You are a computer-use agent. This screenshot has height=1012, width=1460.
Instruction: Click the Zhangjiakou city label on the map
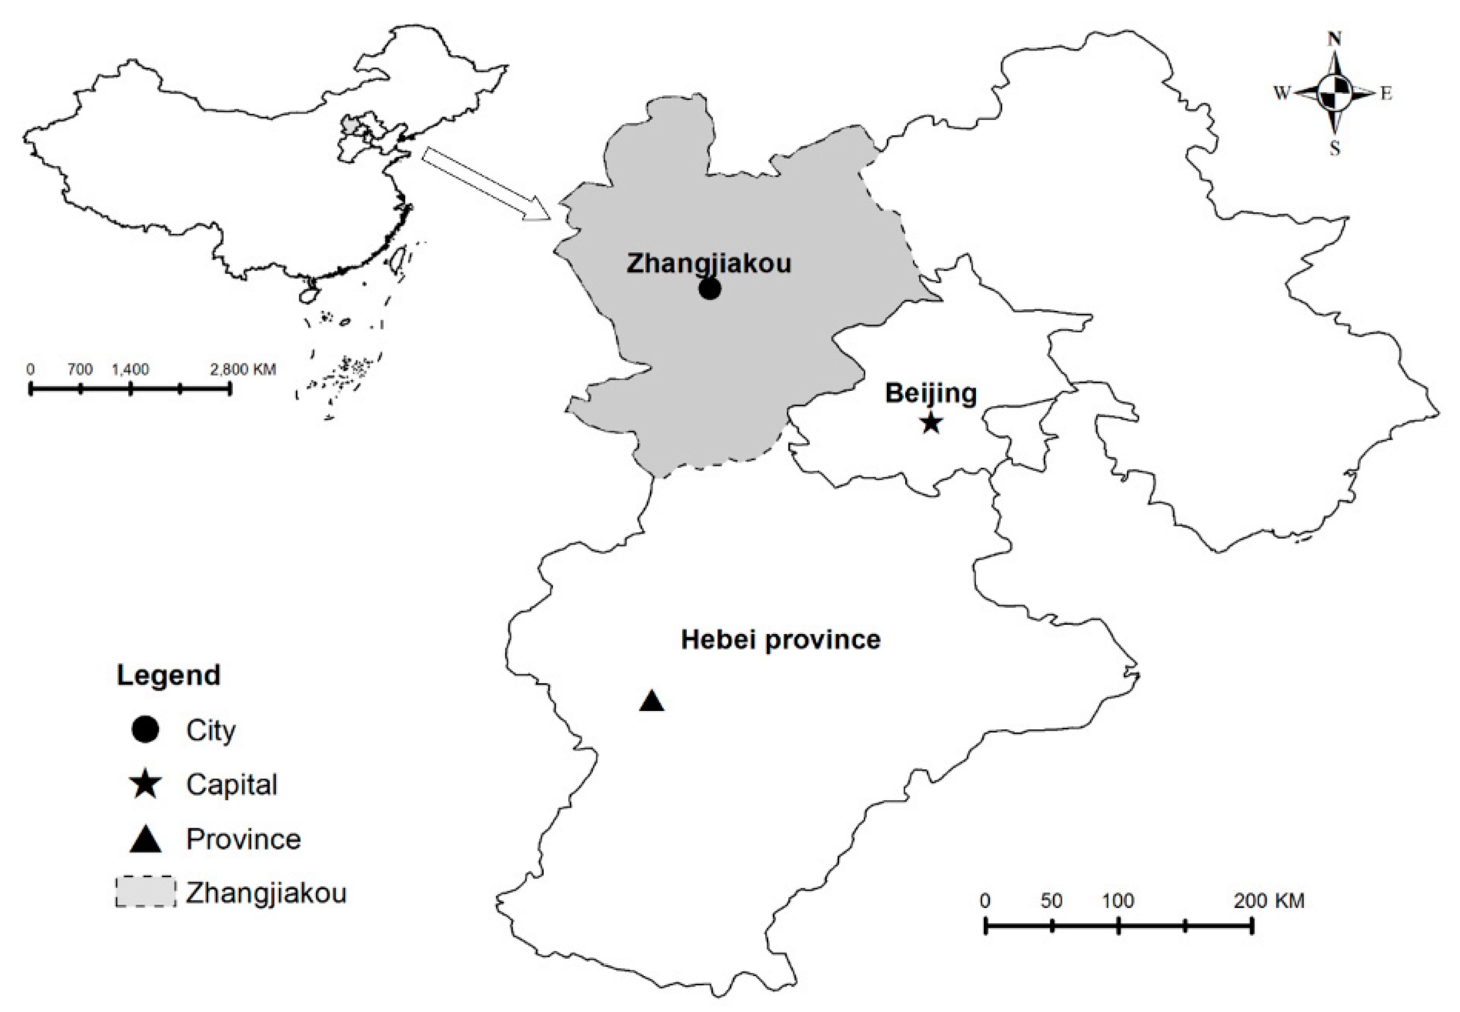coord(708,263)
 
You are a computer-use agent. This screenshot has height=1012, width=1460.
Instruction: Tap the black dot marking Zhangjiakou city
coord(710,289)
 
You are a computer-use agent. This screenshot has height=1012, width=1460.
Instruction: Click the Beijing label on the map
coord(931,393)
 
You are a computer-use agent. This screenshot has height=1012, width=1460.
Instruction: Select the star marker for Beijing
coord(931,422)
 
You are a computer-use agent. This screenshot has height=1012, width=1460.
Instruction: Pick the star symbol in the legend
coord(145,784)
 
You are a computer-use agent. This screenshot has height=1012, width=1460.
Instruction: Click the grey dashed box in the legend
coord(145,892)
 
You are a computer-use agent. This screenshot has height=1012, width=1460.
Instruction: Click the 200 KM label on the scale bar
coord(1269,901)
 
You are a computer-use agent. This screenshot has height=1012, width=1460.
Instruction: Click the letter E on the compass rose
coord(1386,94)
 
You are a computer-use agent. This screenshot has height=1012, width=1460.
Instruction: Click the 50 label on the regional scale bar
coord(1051,901)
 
